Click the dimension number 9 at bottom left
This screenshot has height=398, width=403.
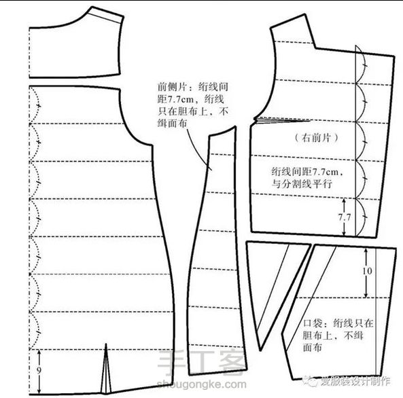click(x=39, y=370)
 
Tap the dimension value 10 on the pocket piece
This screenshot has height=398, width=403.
click(x=367, y=271)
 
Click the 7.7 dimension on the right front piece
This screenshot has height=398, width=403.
click(x=344, y=217)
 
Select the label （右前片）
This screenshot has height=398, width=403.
click(x=316, y=138)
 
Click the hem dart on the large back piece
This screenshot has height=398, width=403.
click(x=105, y=370)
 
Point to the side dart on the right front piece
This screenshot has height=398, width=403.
click(x=281, y=120)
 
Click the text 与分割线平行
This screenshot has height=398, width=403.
click(x=302, y=184)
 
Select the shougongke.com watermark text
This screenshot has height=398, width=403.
click(x=201, y=384)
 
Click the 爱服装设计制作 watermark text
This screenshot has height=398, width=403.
click(x=355, y=381)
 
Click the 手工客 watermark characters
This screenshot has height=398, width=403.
click(x=202, y=362)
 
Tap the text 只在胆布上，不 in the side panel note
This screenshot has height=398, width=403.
click(x=193, y=111)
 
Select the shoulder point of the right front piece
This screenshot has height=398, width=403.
click(x=305, y=14)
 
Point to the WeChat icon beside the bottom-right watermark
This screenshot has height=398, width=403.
click(x=311, y=381)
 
